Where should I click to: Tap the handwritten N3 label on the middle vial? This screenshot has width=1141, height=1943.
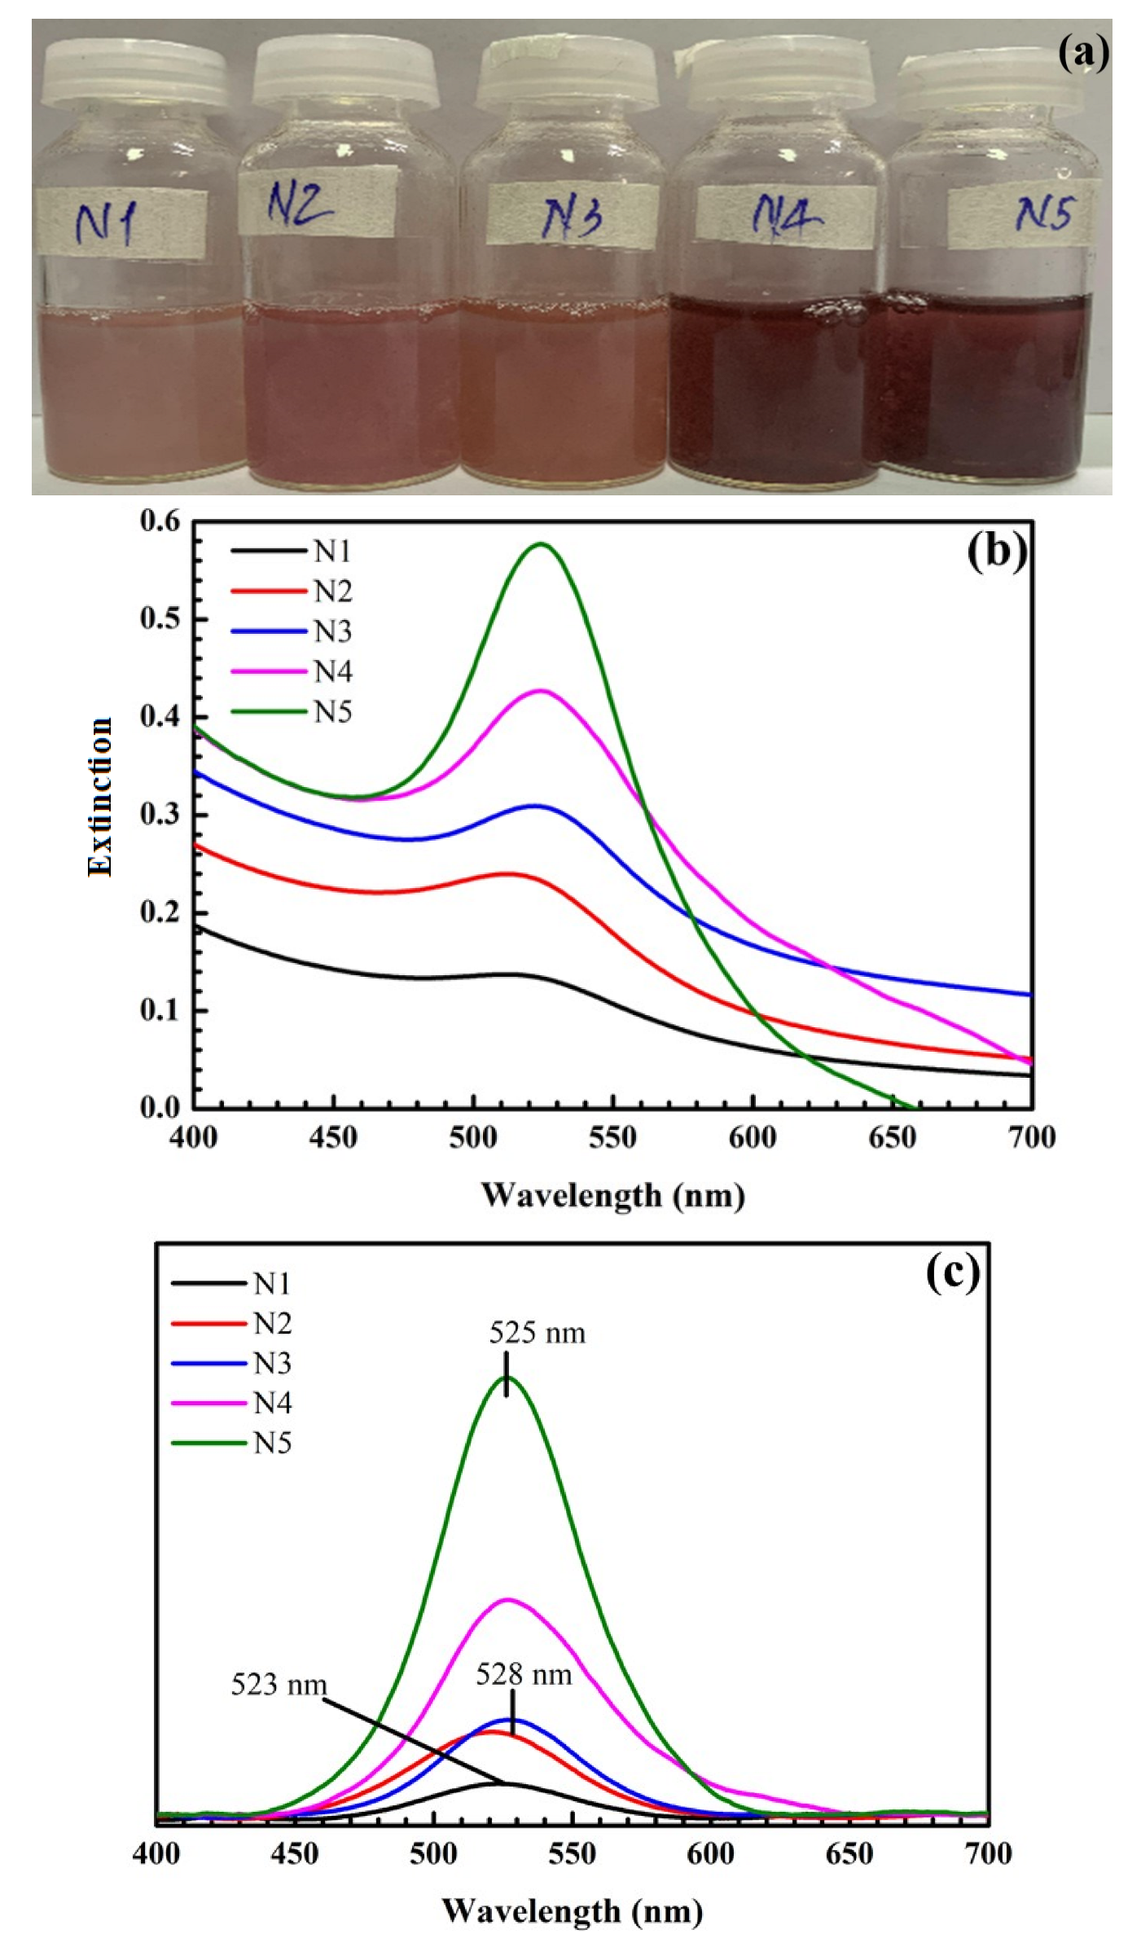click(x=573, y=216)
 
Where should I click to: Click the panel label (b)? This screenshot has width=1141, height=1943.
click(x=996, y=552)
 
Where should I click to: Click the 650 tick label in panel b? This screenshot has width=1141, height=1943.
click(x=892, y=1138)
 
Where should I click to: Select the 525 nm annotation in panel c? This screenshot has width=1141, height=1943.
click(x=537, y=1334)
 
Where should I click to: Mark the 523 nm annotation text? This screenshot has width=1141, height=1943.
click(x=279, y=1685)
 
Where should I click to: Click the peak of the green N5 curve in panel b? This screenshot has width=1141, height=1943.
click(x=541, y=543)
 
